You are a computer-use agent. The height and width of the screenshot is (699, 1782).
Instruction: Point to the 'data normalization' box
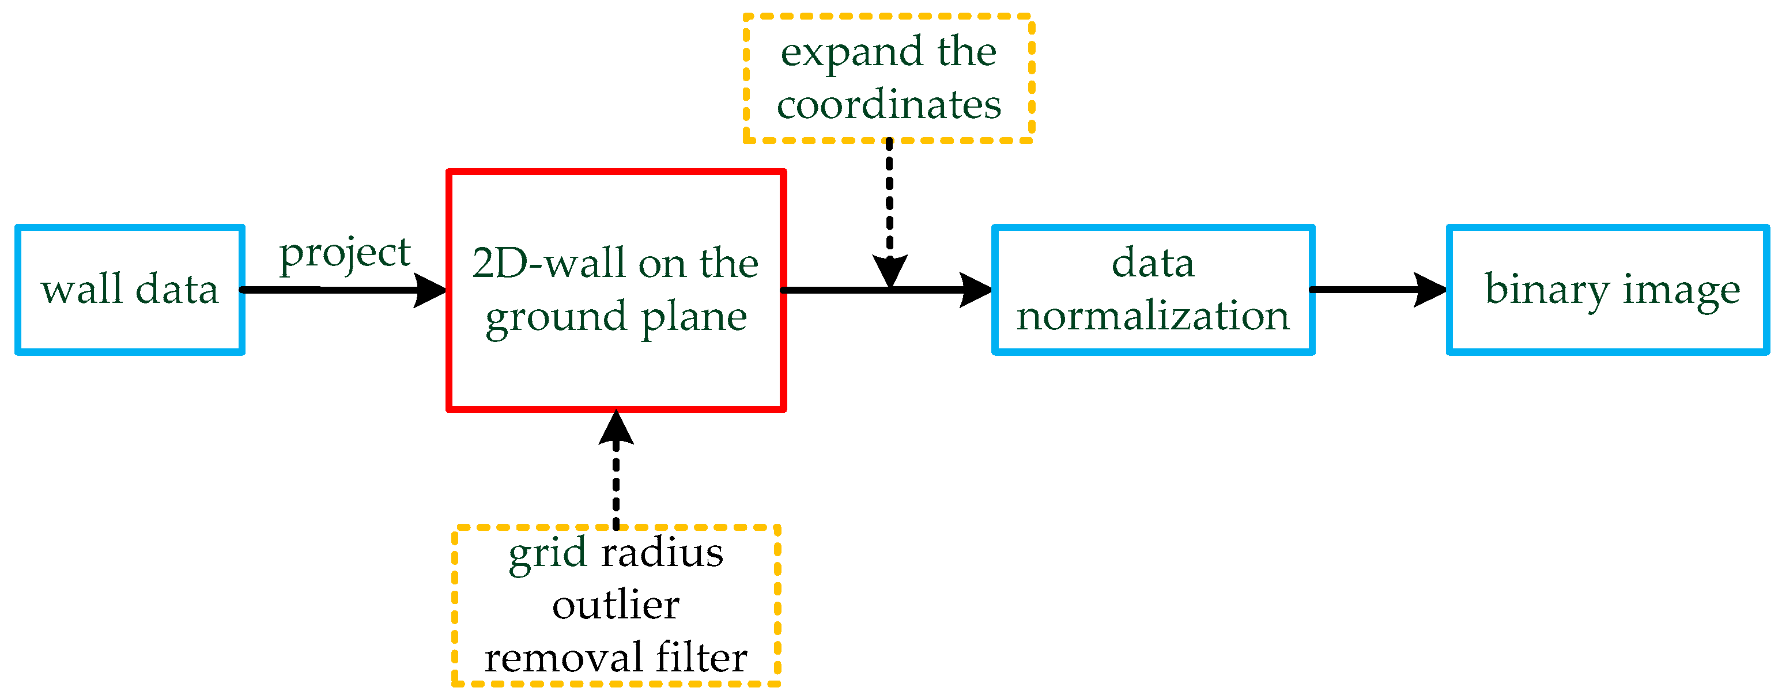click(1153, 290)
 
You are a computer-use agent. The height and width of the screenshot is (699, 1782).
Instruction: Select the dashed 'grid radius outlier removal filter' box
click(616, 605)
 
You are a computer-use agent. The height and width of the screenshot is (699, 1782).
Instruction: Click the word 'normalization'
click(1153, 316)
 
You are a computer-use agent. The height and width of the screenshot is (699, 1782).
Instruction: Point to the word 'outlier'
click(616, 606)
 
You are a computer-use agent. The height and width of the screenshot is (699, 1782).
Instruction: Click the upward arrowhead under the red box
click(616, 427)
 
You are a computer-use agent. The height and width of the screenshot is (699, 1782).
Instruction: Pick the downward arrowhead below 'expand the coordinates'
click(890, 271)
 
